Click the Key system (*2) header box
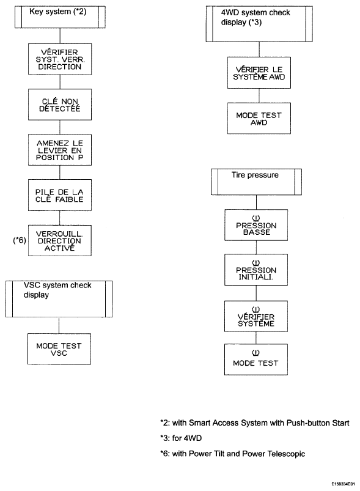pos(60,17)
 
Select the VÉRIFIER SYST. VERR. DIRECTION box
pos(60,59)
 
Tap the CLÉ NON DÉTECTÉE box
pos(60,105)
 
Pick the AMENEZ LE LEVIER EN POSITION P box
pos(60,150)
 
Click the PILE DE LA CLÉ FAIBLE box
pos(60,195)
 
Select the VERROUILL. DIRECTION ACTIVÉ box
pos(60,240)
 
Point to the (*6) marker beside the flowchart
pos(20,240)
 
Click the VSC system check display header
pos(59,299)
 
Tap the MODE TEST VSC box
pos(59,349)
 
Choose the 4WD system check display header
pos(259,24)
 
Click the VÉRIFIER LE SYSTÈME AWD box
pos(259,73)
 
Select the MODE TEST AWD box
pos(259,119)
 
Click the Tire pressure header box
pos(256,182)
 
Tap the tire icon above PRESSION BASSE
pos(255,218)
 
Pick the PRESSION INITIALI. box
pos(256,270)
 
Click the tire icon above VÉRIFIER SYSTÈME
pos(255,309)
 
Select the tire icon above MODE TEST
pos(255,353)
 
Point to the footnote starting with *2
pos(254,423)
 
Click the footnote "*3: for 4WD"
pos(181,438)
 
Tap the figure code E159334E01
pos(343,484)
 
